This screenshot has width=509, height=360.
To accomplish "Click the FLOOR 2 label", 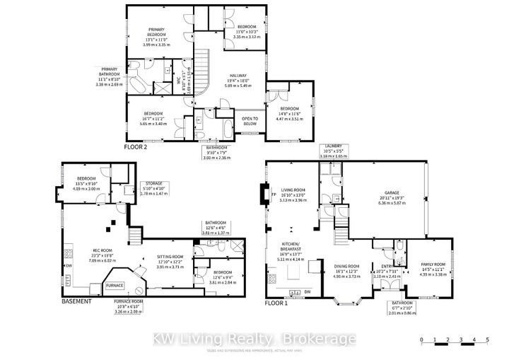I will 136,147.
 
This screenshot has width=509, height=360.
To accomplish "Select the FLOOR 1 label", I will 277,302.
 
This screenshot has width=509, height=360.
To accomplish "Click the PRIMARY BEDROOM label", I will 156,33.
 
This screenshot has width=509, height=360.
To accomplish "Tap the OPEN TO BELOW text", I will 250,120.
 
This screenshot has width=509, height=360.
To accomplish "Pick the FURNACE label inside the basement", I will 115,285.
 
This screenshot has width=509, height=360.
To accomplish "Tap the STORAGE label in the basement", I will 155,182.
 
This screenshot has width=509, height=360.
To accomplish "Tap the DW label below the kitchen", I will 308,292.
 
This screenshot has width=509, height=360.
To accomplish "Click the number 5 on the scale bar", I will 486,341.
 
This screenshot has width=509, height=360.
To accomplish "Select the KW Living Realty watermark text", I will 255,340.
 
